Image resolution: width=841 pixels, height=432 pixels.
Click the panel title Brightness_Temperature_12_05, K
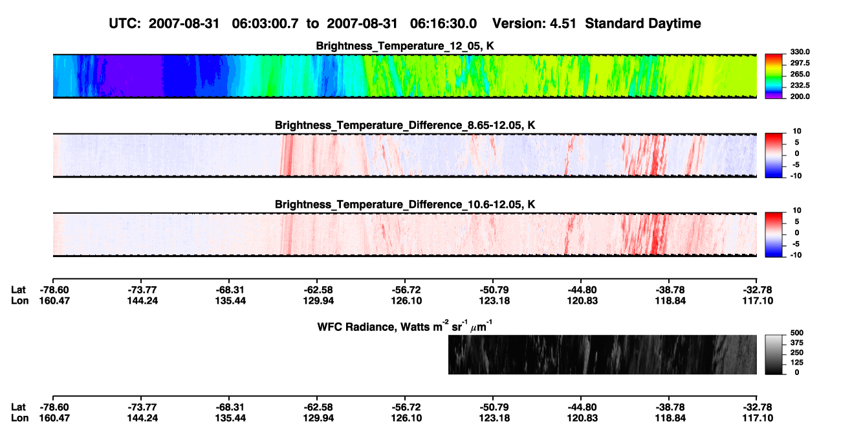tap(405, 46)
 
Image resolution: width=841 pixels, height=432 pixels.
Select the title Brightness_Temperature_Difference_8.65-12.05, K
tap(405, 125)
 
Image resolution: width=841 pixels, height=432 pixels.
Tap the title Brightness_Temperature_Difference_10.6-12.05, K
tap(405, 205)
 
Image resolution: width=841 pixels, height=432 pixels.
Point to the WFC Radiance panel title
tap(405, 326)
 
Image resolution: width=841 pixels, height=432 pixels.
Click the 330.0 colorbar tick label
tap(800, 52)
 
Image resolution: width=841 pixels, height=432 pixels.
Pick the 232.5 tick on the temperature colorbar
tap(800, 85)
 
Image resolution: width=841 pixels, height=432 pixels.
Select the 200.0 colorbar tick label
tap(800, 97)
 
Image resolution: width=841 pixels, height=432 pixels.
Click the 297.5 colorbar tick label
tap(800, 63)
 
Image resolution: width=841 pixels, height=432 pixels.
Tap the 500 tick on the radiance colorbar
tap(797, 333)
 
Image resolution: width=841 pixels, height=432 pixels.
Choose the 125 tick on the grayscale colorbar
tap(797, 363)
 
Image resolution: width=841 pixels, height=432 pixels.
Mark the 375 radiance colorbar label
tap(797, 343)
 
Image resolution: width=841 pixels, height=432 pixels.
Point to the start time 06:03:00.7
tap(265, 24)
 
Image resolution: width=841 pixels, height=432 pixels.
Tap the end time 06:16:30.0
tap(443, 24)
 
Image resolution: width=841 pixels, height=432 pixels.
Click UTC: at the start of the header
tap(125, 24)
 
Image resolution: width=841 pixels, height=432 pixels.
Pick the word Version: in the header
tap(518, 24)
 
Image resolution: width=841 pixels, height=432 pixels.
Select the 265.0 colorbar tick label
tap(800, 74)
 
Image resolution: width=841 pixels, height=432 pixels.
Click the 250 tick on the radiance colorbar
tap(797, 353)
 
